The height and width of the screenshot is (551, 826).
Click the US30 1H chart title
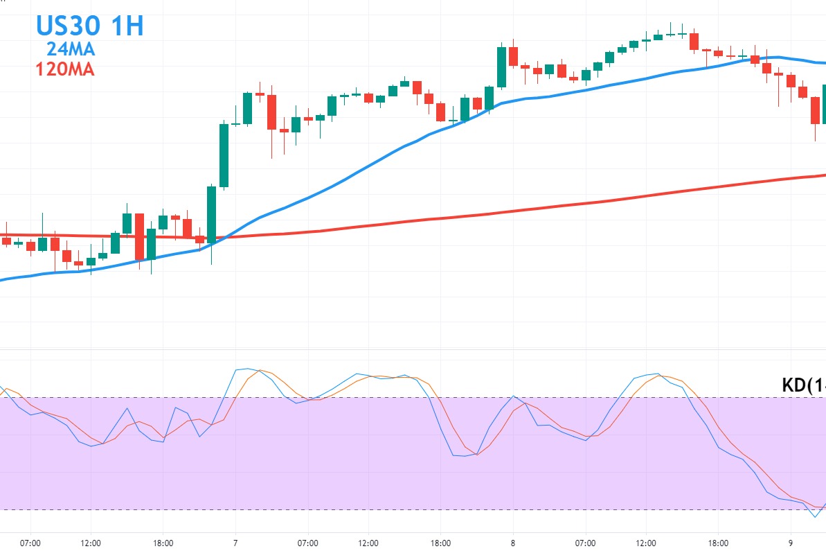(x=90, y=26)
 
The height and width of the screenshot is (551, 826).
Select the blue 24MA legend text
(x=71, y=49)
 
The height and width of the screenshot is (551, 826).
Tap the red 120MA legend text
(x=64, y=69)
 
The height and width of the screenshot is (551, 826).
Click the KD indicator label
(x=803, y=385)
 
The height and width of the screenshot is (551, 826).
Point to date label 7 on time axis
(x=235, y=543)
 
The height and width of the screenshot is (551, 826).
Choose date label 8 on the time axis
(x=513, y=543)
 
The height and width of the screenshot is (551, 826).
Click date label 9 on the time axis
(x=790, y=543)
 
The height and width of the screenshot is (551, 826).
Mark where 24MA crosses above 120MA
(x=220, y=238)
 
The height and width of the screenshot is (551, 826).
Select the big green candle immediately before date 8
(x=501, y=67)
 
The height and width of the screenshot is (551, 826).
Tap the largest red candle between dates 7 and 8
(x=271, y=112)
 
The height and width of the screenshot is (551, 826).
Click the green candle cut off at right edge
(x=823, y=104)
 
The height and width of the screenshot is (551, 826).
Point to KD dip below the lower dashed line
(x=815, y=515)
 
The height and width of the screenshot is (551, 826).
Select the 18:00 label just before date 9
(x=718, y=543)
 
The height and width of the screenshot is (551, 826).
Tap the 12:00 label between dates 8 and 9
(x=646, y=543)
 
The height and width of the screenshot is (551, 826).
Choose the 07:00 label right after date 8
(x=586, y=543)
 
